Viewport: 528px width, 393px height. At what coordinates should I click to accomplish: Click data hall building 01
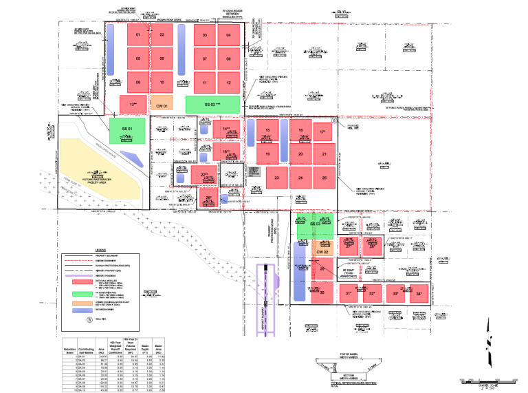point(138,35)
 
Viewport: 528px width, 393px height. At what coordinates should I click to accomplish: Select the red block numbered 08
point(228,59)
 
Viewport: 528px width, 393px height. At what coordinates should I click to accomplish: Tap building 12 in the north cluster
point(228,83)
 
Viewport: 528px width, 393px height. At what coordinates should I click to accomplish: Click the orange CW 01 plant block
point(162,105)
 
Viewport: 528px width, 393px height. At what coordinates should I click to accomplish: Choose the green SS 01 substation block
point(126,129)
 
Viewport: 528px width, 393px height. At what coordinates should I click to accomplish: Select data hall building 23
point(277,178)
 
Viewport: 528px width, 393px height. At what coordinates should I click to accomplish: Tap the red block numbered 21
point(324,154)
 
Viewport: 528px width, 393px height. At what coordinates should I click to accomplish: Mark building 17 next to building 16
point(322,131)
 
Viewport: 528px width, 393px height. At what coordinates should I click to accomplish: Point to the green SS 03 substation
point(316,225)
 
